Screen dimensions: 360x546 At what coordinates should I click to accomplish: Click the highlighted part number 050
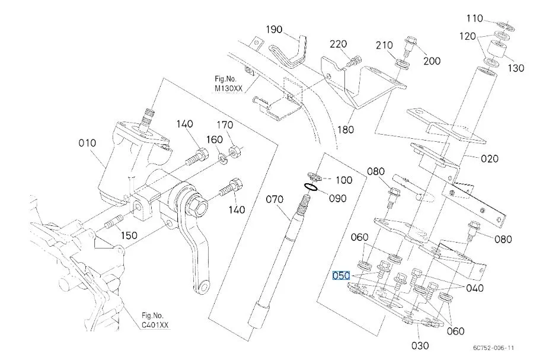341,276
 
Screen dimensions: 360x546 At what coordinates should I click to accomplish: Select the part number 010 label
87,142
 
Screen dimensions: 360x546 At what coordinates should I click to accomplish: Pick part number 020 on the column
490,158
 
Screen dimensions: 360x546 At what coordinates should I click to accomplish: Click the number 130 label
515,68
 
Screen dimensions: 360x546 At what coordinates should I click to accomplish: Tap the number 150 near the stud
129,235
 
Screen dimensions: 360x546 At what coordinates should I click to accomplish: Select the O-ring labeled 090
310,188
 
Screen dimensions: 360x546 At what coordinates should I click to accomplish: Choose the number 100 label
344,180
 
